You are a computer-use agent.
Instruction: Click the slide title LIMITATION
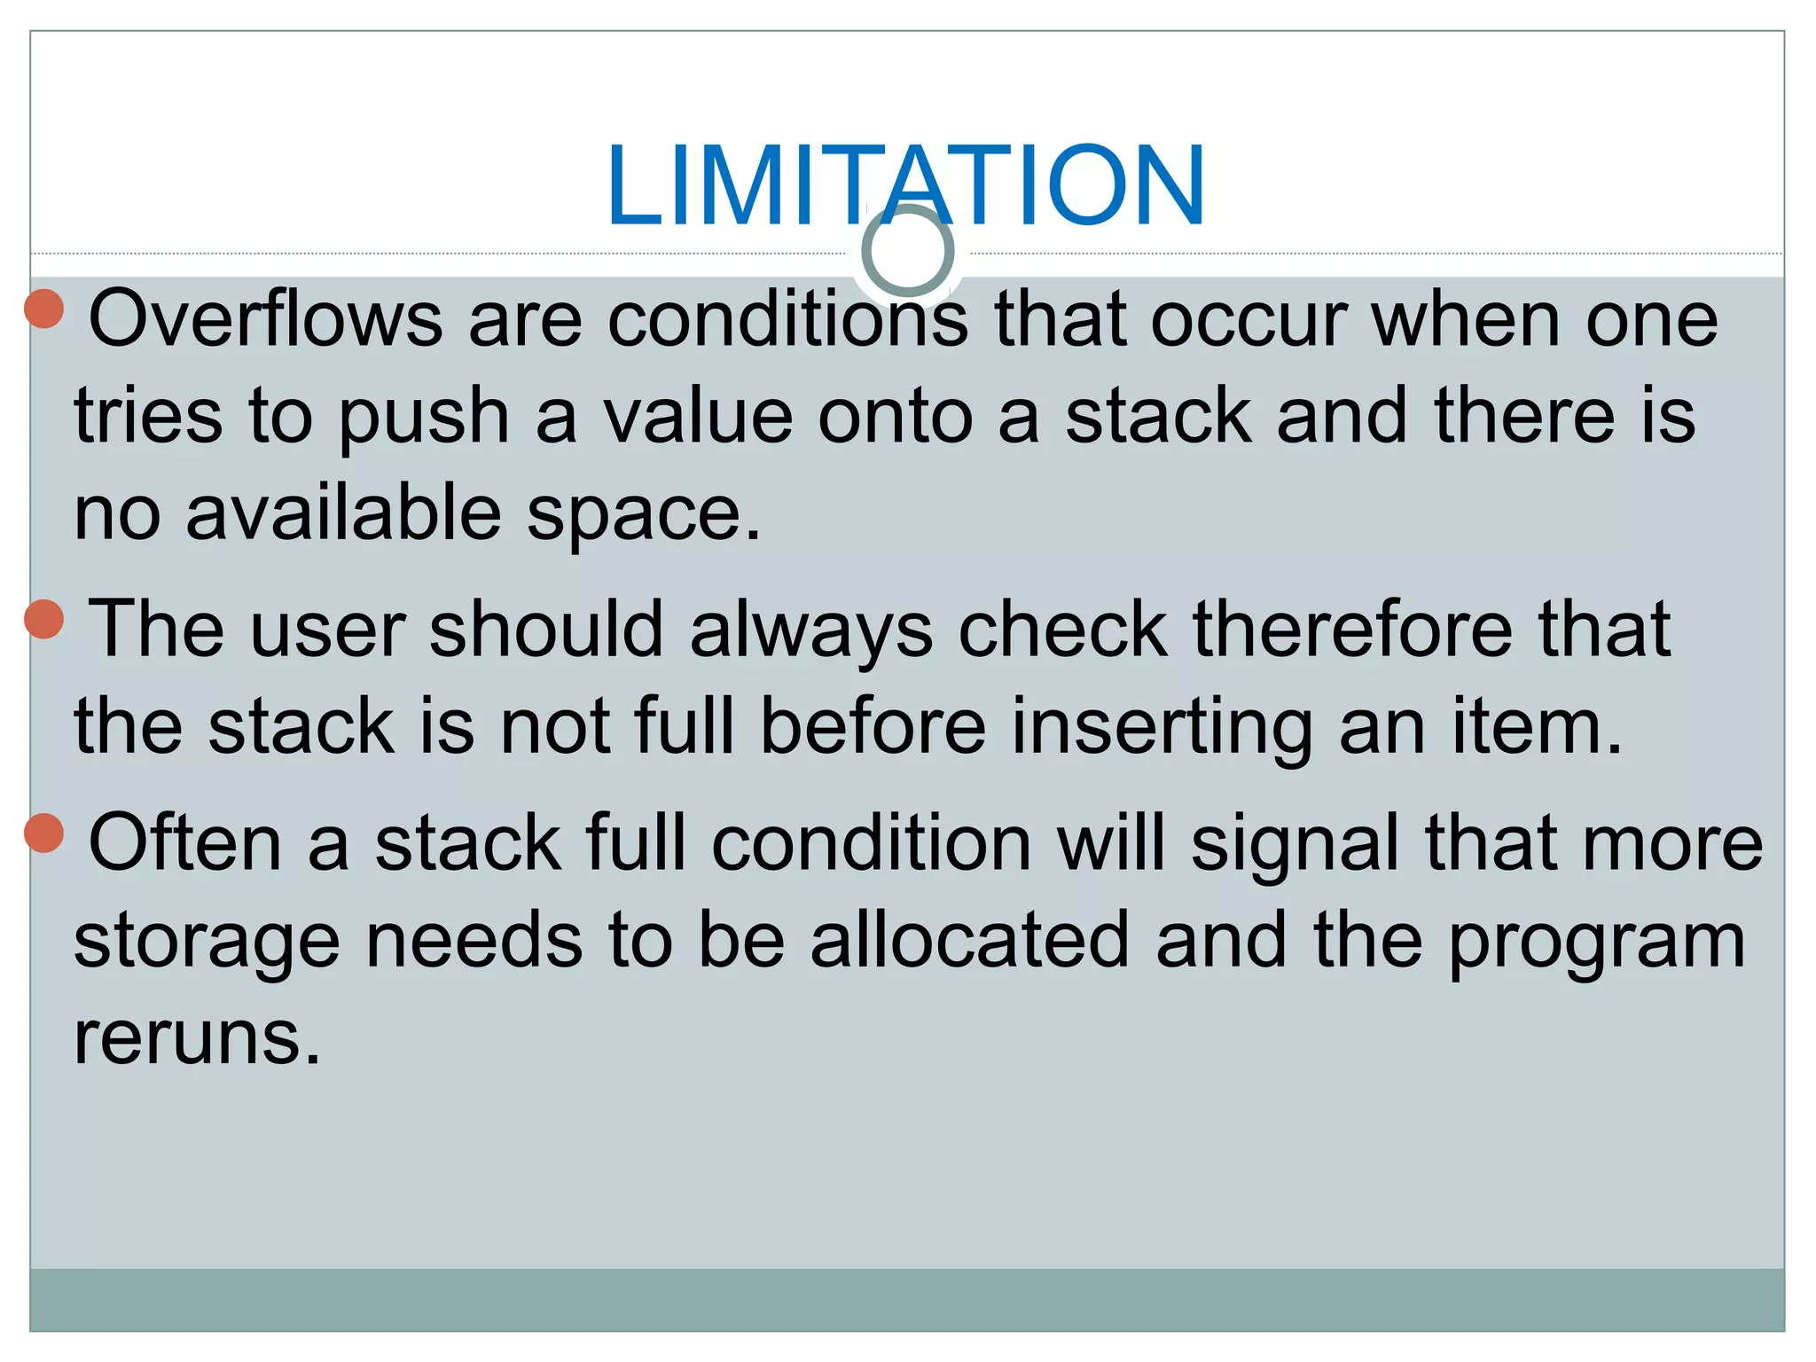point(905,185)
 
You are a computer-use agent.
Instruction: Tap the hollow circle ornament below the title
point(907,251)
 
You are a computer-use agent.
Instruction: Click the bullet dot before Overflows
point(43,309)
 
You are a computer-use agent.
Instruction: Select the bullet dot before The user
point(43,618)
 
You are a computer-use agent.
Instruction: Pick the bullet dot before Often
point(43,833)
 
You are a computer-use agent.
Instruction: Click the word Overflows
point(265,319)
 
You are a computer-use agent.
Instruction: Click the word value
point(698,417)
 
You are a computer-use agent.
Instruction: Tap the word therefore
point(1352,629)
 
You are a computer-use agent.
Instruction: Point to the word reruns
point(196,1037)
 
